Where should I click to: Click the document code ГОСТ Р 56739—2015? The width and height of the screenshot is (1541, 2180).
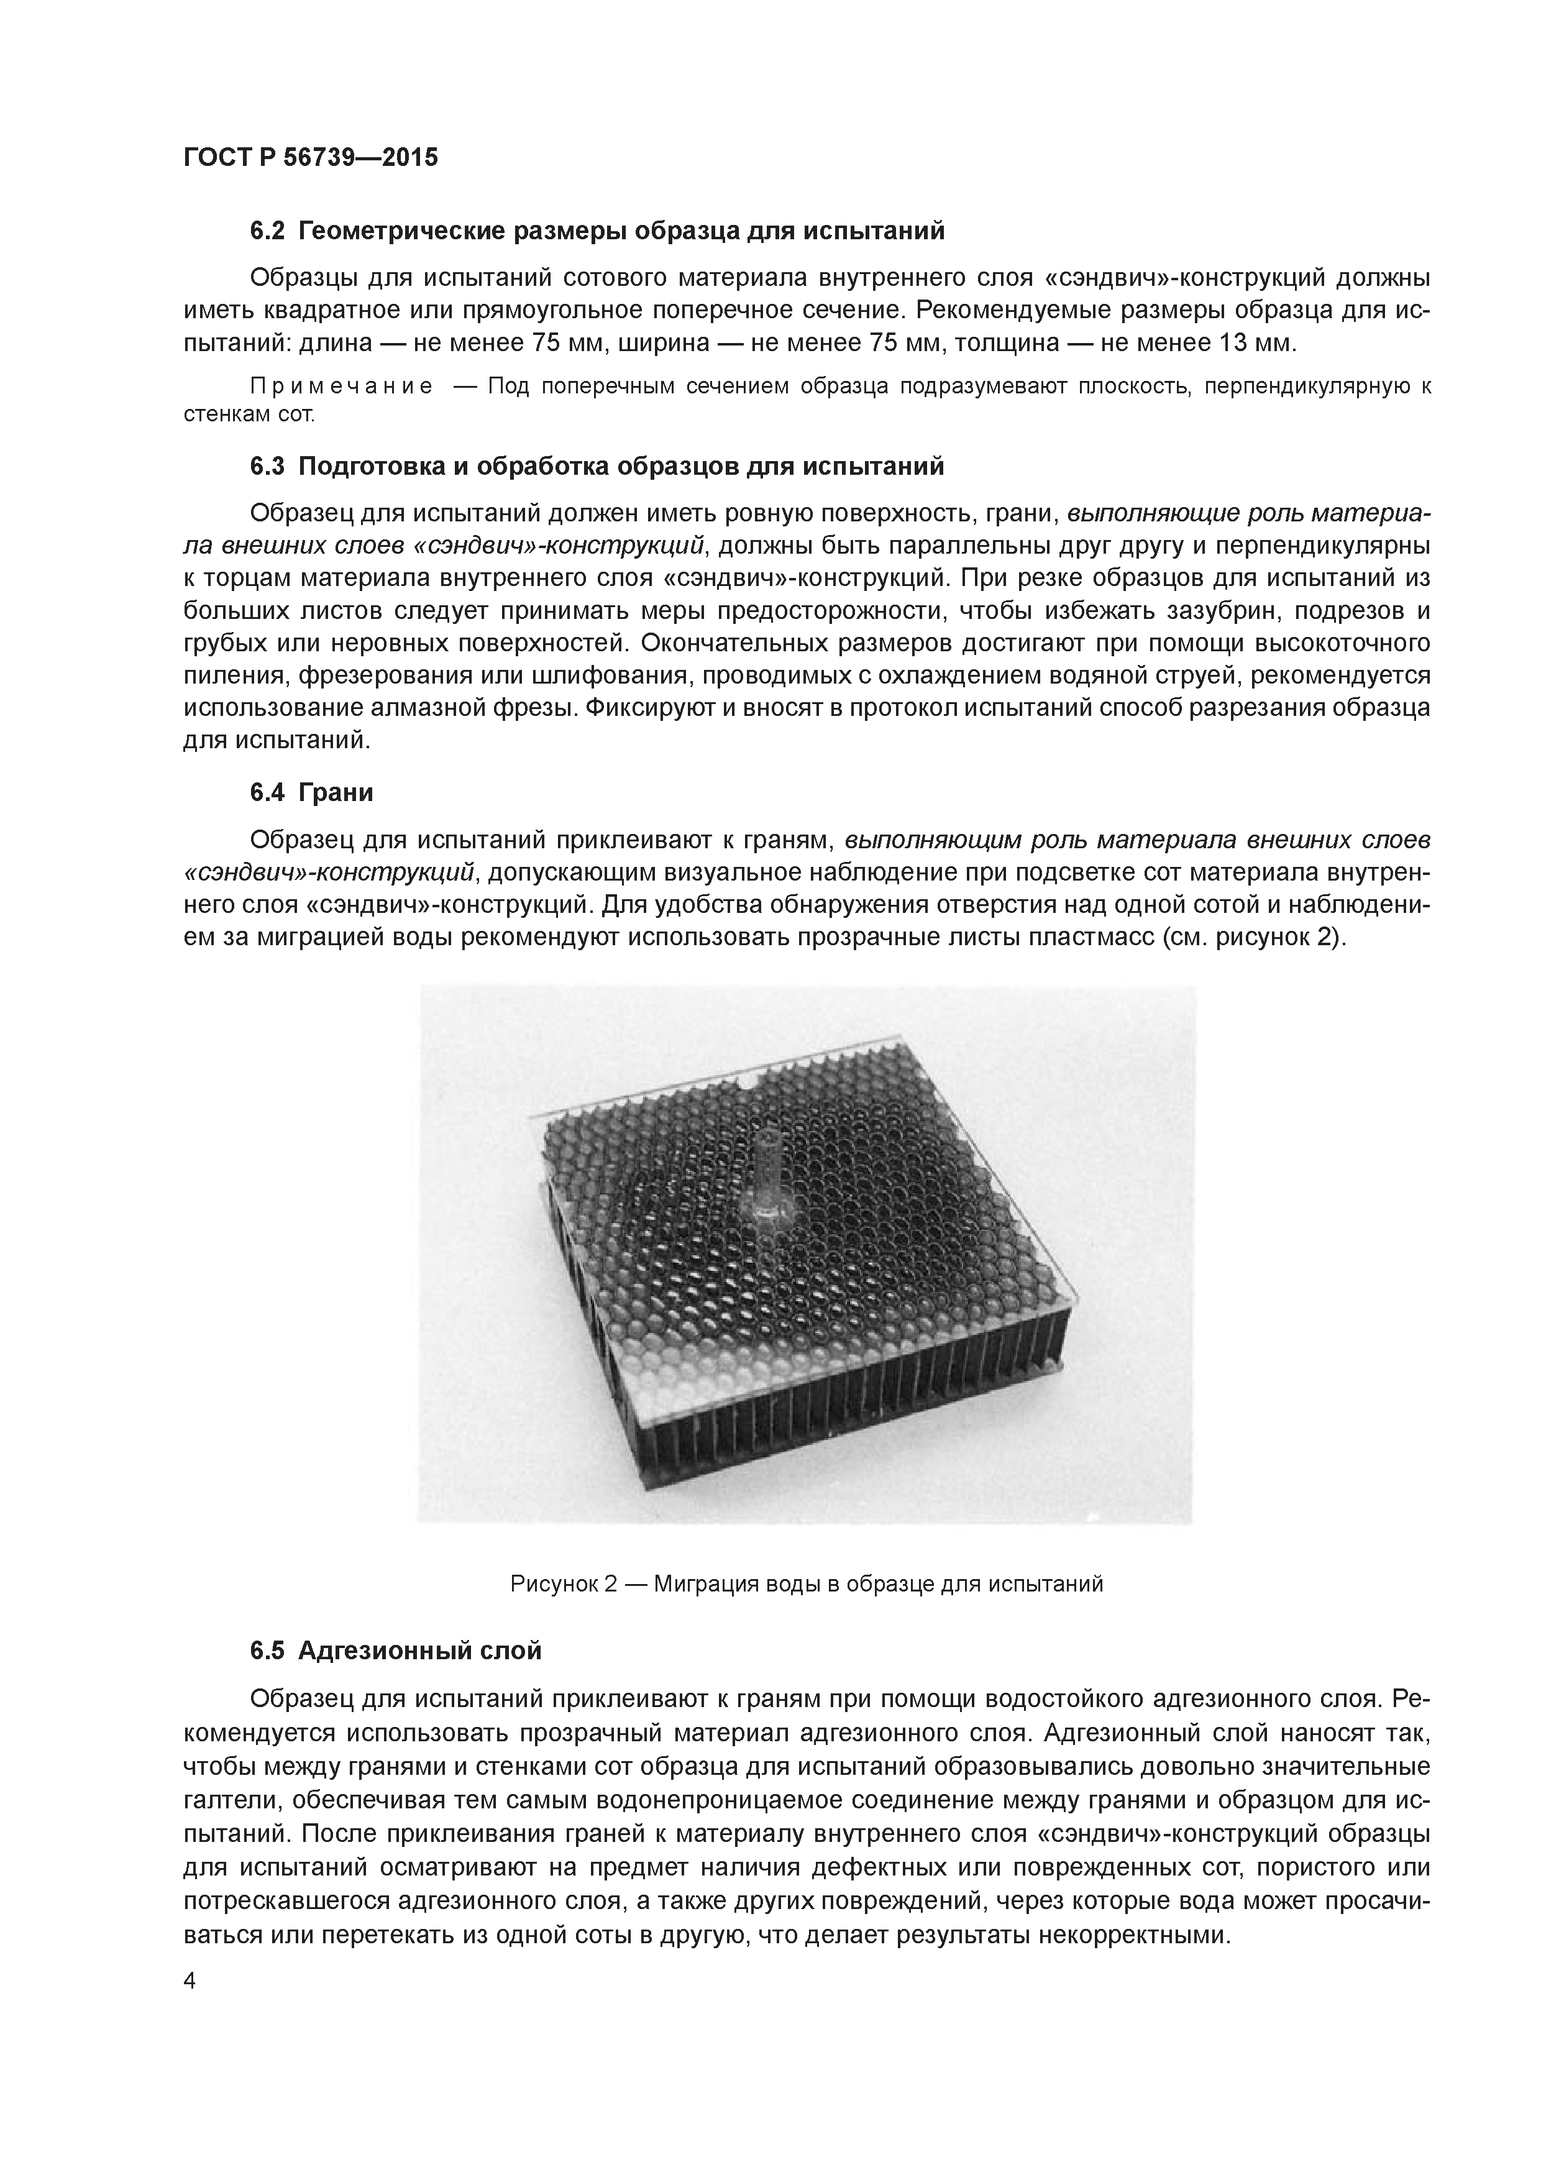pos(311,158)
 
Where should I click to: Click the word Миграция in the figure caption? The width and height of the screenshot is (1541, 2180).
pos(721,1583)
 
